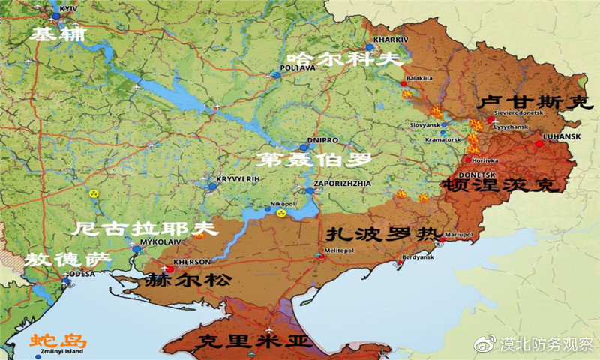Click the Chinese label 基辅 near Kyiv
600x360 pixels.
tap(58, 35)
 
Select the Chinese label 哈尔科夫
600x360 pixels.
tap(339, 60)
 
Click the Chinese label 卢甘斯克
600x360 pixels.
tap(535, 103)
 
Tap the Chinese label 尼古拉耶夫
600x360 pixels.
tap(147, 228)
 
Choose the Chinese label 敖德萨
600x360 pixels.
tap(65, 259)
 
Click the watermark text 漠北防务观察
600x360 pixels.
tap(547, 343)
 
